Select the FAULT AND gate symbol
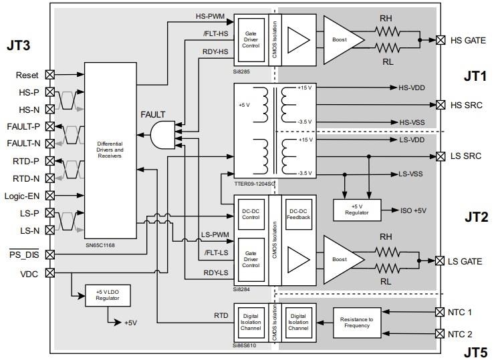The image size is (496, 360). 161,136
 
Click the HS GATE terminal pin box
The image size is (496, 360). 441,40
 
